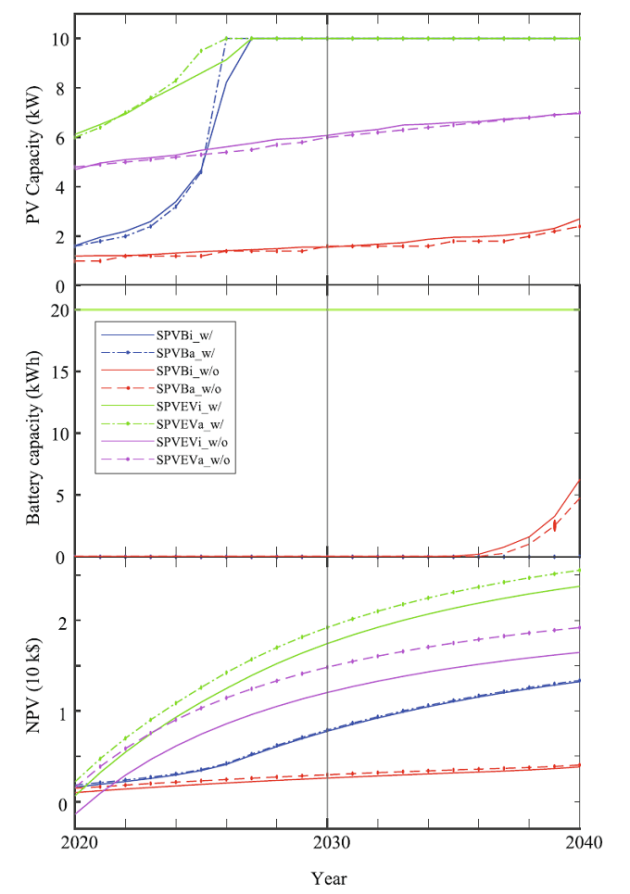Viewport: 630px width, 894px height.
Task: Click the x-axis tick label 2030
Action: coord(327,842)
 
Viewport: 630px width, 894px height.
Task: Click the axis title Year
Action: coord(329,876)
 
